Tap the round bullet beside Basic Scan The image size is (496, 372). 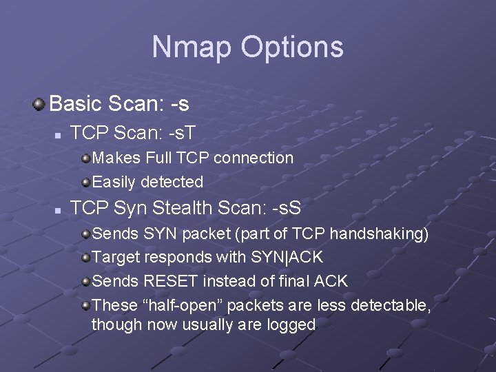39,104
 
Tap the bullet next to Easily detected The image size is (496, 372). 85,183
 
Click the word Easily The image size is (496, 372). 114,183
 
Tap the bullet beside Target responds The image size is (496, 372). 85,258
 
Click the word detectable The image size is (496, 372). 391,304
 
